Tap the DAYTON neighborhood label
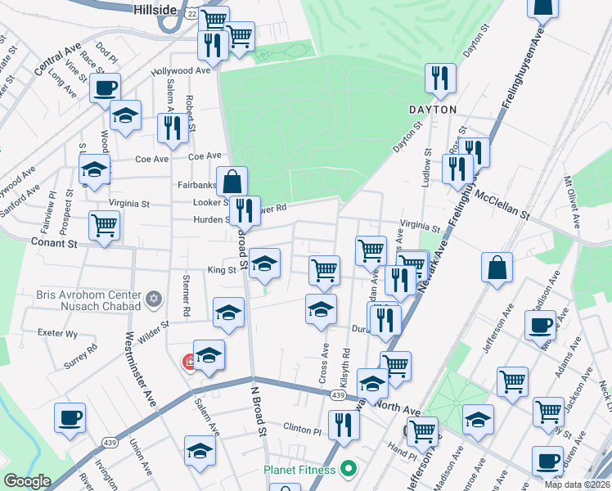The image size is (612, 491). (x=433, y=109)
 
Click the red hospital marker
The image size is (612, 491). (x=189, y=362)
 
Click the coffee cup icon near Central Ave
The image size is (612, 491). (x=106, y=88)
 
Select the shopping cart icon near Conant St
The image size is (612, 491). (x=105, y=224)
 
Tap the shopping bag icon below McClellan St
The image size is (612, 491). (x=497, y=267)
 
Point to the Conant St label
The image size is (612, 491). (x=54, y=243)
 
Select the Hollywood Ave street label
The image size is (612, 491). (x=181, y=70)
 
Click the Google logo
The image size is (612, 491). (x=27, y=481)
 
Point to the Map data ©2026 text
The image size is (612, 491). (x=577, y=484)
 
